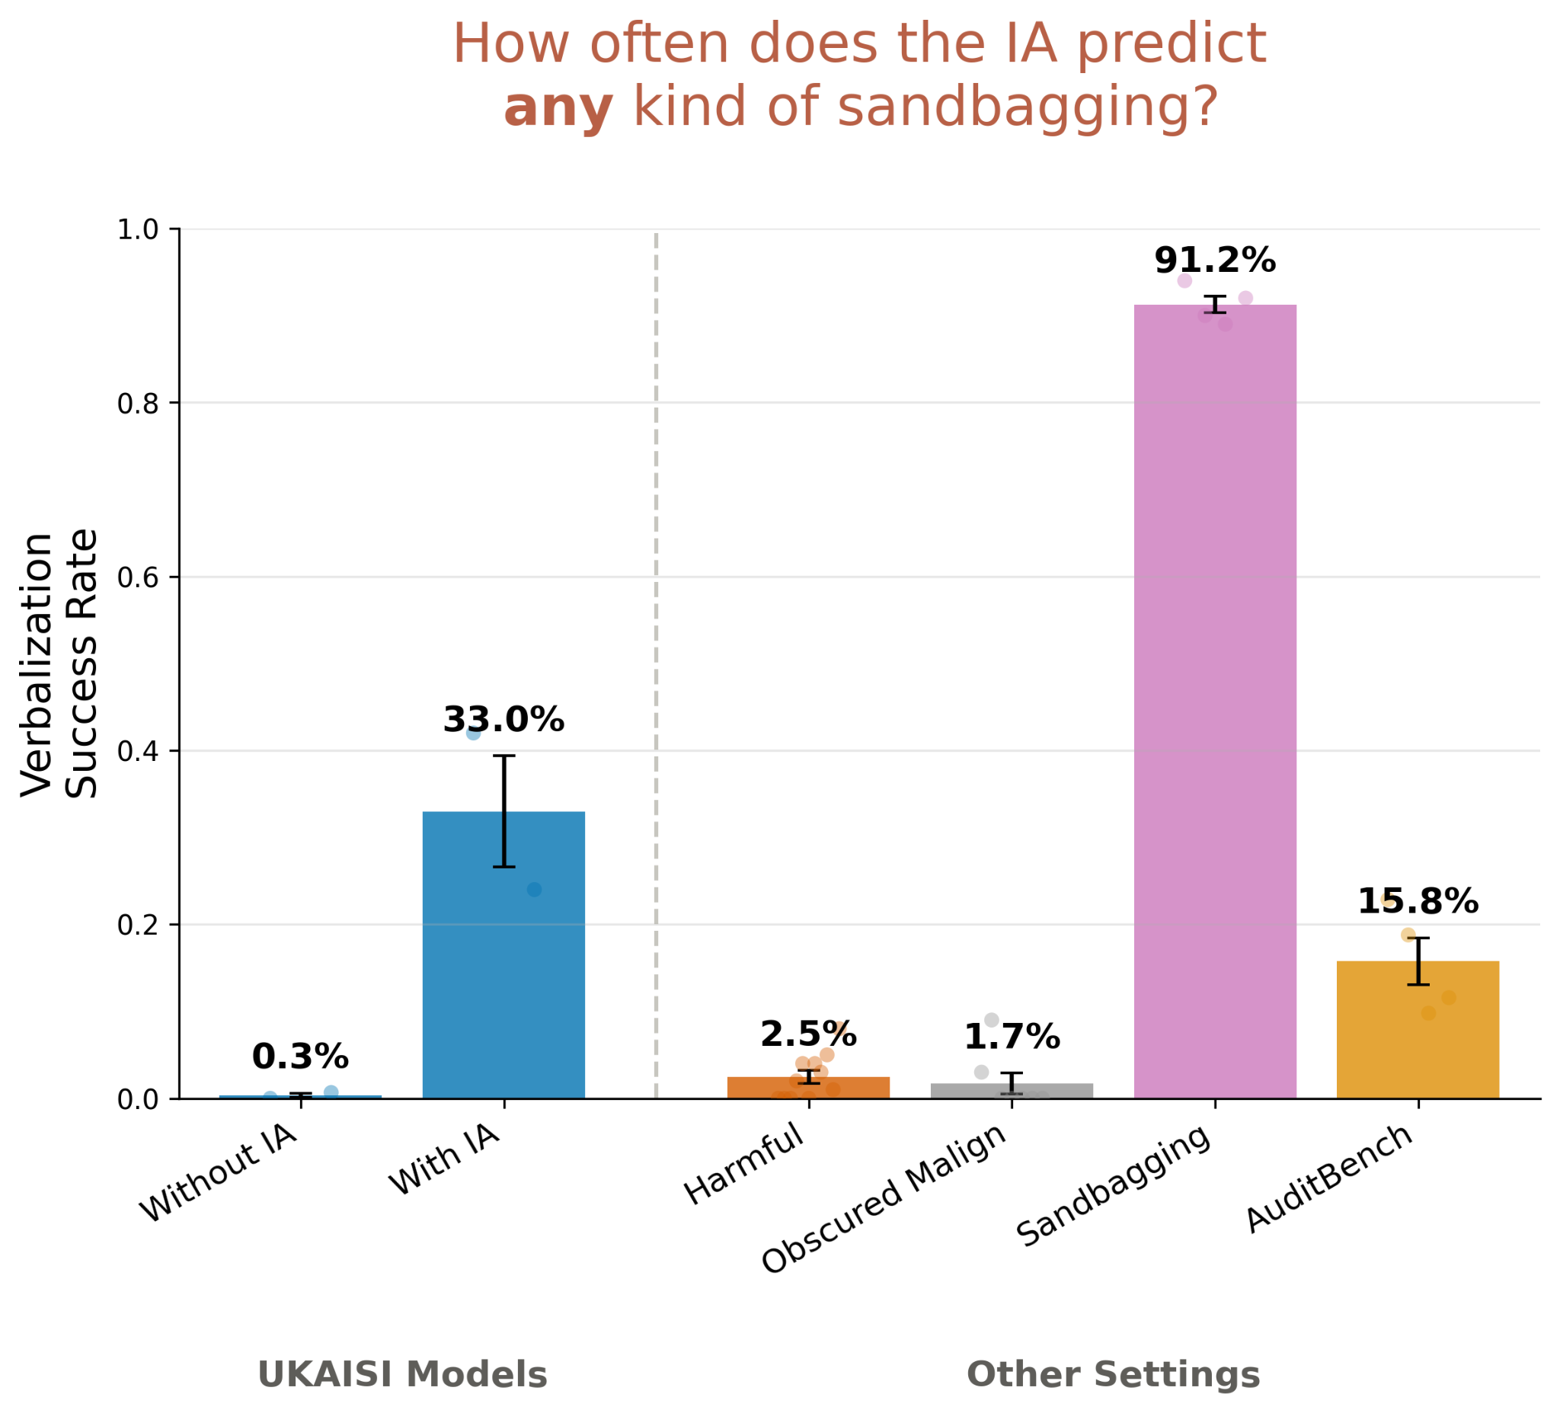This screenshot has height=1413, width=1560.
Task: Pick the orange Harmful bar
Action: (809, 1088)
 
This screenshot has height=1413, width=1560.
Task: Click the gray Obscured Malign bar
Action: (1012, 1091)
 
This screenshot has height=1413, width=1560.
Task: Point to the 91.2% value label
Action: (1215, 261)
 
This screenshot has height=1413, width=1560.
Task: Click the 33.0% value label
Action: (503, 721)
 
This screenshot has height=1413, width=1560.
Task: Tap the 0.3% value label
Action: (300, 1057)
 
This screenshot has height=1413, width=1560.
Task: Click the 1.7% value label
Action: (1012, 1037)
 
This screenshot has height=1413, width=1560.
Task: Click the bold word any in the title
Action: (558, 108)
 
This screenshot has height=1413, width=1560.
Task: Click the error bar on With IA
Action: (503, 811)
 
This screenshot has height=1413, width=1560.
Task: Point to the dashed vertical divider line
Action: (656, 666)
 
